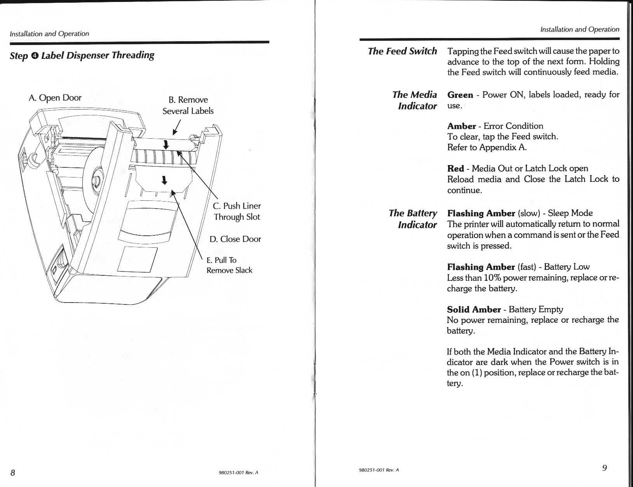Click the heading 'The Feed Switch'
(402, 51)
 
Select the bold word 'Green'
(460, 95)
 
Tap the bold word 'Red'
(455, 169)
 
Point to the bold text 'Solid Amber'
(474, 310)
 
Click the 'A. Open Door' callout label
(55, 97)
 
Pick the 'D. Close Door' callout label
(235, 239)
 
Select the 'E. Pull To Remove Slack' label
(229, 265)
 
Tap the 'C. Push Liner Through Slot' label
(237, 211)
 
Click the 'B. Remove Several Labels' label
(188, 105)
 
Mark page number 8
(13, 473)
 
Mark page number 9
(604, 468)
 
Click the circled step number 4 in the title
(35, 56)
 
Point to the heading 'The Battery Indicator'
(413, 219)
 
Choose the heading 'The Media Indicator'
(414, 100)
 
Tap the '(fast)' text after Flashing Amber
(527, 267)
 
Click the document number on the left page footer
(238, 473)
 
